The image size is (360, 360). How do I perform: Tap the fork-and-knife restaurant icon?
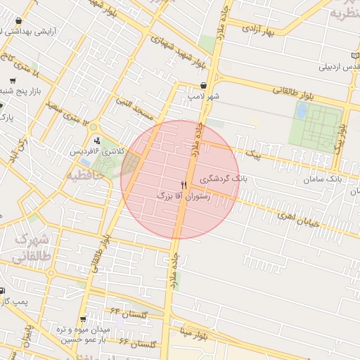pos(184,185)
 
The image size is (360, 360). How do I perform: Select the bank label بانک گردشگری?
pos(224,179)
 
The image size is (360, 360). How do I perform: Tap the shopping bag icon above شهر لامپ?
pos(203,84)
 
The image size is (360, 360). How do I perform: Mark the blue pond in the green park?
pos(302,111)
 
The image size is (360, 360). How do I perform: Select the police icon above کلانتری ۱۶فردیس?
pos(97,141)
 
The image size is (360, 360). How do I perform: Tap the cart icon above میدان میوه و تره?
pos(84,319)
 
